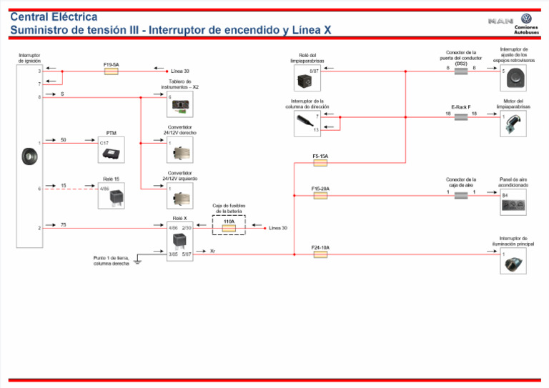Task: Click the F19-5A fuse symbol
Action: coord(111,71)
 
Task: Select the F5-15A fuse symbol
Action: coord(320,163)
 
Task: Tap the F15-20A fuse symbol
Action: coord(320,195)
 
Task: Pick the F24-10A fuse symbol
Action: coord(320,254)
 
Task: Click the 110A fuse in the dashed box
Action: coord(229,228)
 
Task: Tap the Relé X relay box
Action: coord(179,242)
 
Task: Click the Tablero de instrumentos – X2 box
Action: coord(179,104)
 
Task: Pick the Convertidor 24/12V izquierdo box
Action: coord(179,196)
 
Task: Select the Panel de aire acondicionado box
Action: coord(513,202)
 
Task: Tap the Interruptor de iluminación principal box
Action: coord(513,262)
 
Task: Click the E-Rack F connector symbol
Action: coord(460,114)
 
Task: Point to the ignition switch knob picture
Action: coord(29,156)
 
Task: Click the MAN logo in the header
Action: coord(500,21)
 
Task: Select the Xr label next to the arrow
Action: coord(214,252)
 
